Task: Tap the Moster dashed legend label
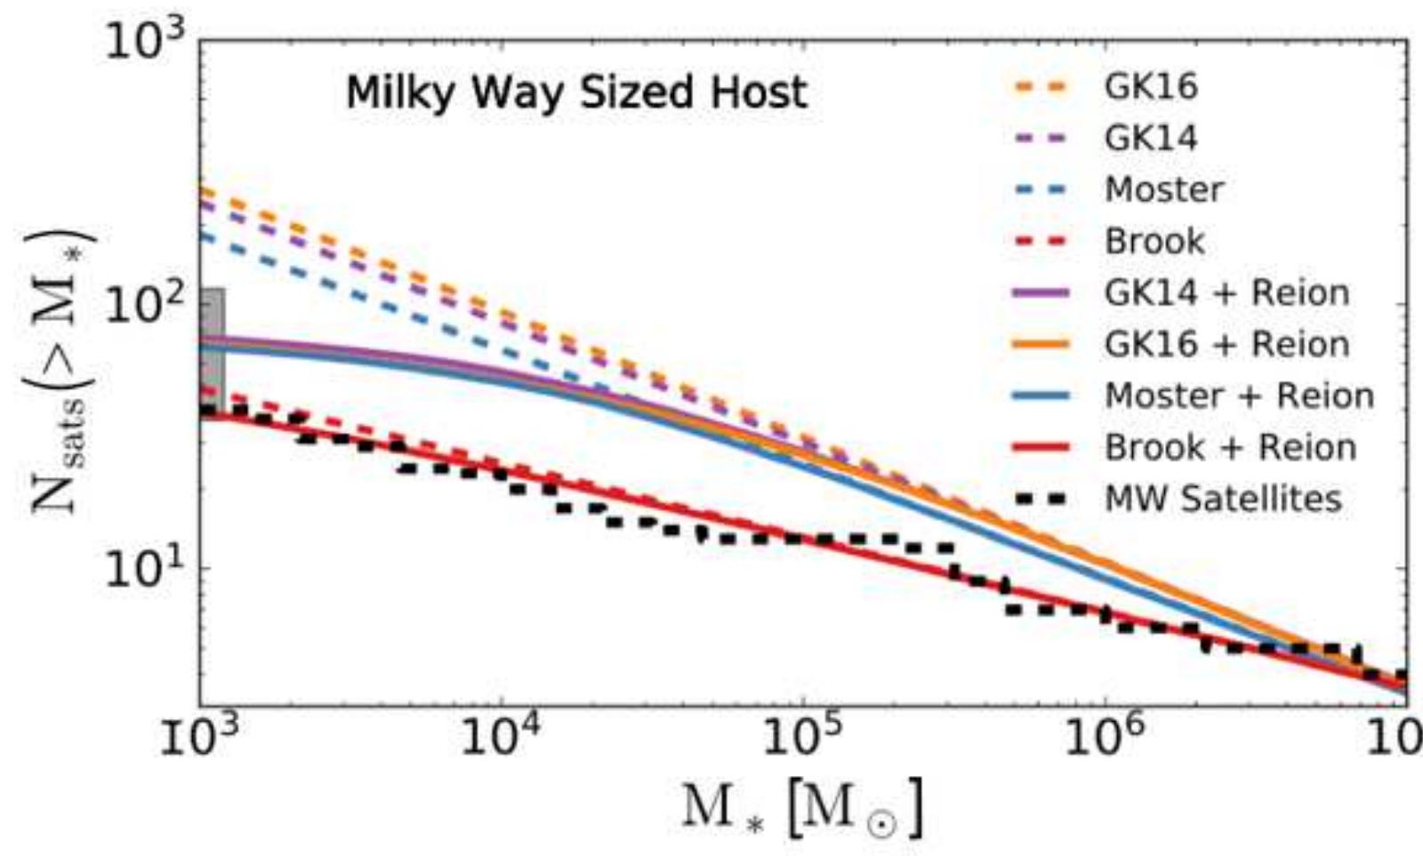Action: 1164,190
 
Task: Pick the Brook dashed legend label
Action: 1154,242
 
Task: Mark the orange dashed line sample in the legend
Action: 1041,87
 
